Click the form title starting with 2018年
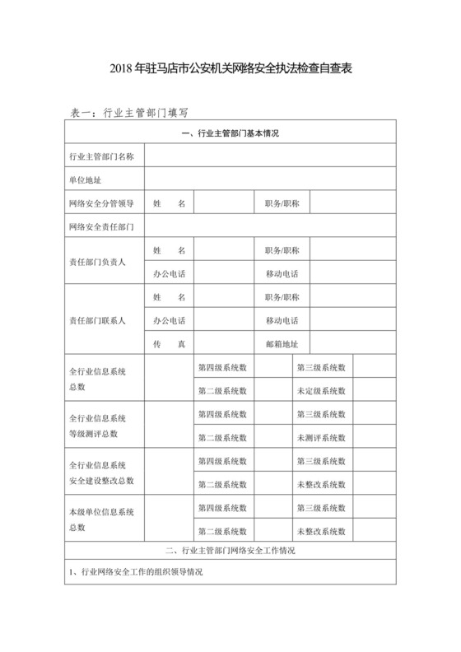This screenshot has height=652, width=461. (x=230, y=70)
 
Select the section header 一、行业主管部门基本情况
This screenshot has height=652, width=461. (x=230, y=133)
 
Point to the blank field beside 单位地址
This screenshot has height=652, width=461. (x=270, y=179)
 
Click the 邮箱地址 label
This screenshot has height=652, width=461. (x=282, y=343)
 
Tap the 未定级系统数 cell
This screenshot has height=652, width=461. (x=321, y=390)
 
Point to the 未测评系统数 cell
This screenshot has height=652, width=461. (x=321, y=437)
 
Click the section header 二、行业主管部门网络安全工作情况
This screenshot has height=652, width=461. (x=230, y=550)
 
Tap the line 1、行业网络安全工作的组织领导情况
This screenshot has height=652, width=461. (x=136, y=571)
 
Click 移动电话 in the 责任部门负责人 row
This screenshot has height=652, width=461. (x=282, y=272)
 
